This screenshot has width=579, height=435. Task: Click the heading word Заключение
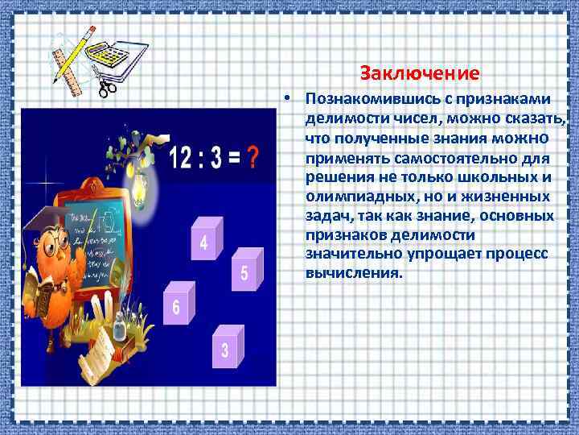pyautogui.click(x=420, y=73)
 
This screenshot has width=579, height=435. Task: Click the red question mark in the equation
pyautogui.click(x=252, y=157)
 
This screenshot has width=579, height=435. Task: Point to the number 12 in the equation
pyautogui.click(x=183, y=157)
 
